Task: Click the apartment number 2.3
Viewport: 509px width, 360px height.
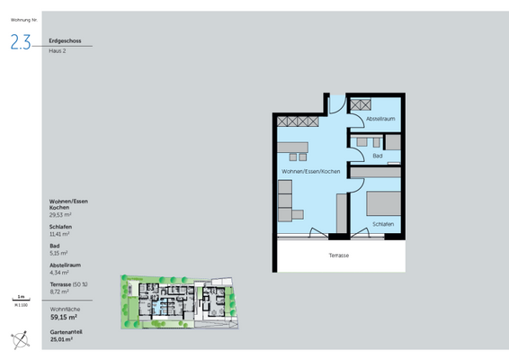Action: [x=20, y=41]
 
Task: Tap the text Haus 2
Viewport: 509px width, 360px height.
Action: [x=58, y=51]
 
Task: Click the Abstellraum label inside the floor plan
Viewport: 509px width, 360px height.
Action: [x=380, y=119]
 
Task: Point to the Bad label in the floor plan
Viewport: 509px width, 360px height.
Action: [x=377, y=155]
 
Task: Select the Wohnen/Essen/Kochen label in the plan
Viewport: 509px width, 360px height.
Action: [x=309, y=171]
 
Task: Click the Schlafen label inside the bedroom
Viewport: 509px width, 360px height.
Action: [x=381, y=225]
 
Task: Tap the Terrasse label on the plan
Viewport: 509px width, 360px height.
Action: [x=339, y=256]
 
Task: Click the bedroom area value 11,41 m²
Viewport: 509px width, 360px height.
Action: [x=60, y=234]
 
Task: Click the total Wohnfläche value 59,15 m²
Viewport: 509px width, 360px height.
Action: [x=64, y=317]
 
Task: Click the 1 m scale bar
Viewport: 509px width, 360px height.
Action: [x=19, y=298]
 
